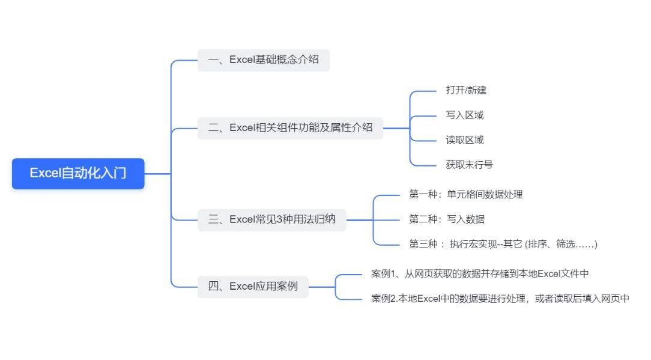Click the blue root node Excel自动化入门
click(78, 173)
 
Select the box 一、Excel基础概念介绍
click(263, 60)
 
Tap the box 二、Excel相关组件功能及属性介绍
click(290, 128)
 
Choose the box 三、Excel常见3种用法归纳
click(271, 219)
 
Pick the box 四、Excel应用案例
click(253, 287)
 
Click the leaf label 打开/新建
click(466, 90)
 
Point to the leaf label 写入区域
click(465, 115)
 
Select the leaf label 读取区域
click(465, 140)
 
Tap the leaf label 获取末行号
click(469, 165)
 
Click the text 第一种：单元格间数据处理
click(465, 194)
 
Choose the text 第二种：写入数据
click(447, 219)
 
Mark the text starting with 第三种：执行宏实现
click(503, 244)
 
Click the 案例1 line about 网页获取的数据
click(480, 273)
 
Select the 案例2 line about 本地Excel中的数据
click(500, 299)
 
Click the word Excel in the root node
click(45, 173)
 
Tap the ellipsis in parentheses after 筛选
click(586, 245)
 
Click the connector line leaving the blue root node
click(158, 173)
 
